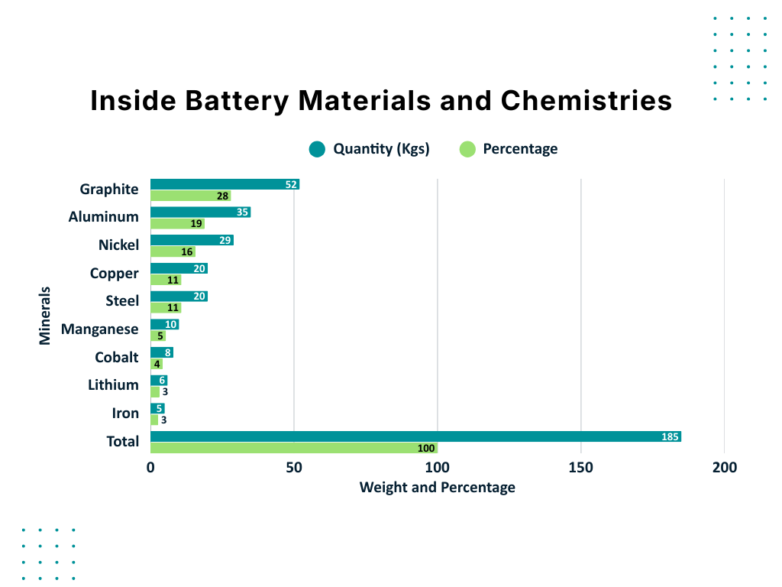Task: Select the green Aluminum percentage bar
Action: coord(177,224)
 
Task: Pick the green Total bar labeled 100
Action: coord(294,448)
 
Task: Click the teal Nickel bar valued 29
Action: coord(191,240)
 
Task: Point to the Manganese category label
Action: coord(100,329)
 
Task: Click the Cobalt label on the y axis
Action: coord(117,357)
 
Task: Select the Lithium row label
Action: coord(113,385)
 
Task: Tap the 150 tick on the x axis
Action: coord(581,467)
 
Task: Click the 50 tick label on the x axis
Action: coord(294,467)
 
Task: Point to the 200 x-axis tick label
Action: coord(724,467)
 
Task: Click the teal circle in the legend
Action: coord(317,149)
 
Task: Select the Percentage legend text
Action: coord(520,149)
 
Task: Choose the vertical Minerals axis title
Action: coord(45,316)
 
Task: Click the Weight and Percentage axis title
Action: coord(437,488)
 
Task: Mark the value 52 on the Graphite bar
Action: coord(291,184)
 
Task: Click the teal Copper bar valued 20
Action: coord(179,268)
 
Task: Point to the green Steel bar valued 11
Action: coord(165,308)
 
